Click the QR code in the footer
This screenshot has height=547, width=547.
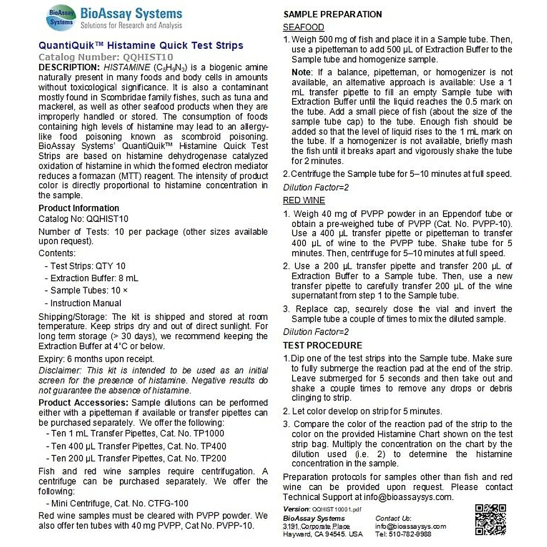[x=490, y=520]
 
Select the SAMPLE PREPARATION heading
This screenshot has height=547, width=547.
[x=333, y=14]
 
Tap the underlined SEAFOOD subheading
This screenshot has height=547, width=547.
[x=304, y=27]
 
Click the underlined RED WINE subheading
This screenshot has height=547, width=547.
[x=304, y=201]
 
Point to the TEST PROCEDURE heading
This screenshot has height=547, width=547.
[x=323, y=346]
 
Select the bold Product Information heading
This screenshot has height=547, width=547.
[x=79, y=208]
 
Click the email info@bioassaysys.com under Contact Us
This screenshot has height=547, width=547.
[x=411, y=526]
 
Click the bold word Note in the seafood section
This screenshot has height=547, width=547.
[x=301, y=72]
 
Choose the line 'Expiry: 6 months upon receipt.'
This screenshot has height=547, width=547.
[x=96, y=359]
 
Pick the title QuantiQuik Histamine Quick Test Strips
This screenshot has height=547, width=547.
[x=141, y=46]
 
